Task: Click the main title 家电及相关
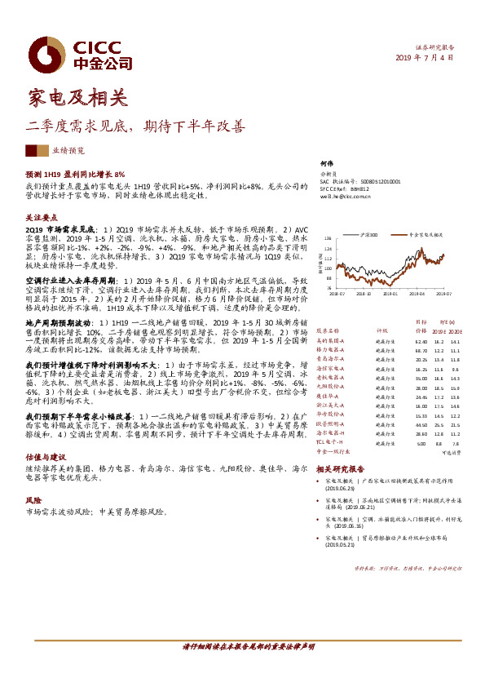click(x=77, y=99)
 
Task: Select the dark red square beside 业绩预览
click(x=32, y=150)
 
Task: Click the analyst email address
click(x=345, y=196)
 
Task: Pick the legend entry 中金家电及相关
click(x=423, y=233)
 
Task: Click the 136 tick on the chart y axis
click(x=329, y=239)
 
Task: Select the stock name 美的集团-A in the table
click(x=331, y=340)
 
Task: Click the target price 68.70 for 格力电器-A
click(x=421, y=349)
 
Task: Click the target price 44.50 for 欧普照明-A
click(x=421, y=423)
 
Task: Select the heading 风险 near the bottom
click(x=33, y=500)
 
